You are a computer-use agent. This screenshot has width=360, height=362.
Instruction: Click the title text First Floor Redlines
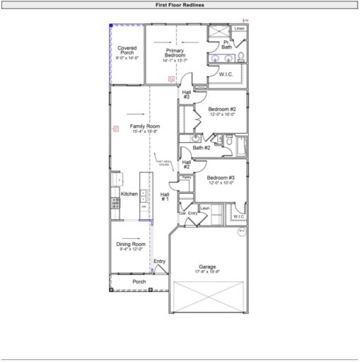[180, 4]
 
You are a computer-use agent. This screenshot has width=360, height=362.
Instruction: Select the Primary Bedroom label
[175, 54]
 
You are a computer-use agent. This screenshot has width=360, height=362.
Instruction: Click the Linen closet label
[239, 29]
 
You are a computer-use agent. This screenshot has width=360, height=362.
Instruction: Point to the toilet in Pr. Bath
[240, 56]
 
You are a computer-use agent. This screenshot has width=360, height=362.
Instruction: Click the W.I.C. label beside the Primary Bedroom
[227, 74]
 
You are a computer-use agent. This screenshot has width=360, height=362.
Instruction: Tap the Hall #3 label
[187, 94]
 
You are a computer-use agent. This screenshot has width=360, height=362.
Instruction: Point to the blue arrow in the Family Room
[137, 114]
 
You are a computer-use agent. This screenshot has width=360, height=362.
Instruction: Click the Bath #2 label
[202, 148]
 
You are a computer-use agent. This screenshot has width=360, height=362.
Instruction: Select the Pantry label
[187, 177]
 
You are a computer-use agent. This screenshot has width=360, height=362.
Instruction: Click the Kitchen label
[129, 194]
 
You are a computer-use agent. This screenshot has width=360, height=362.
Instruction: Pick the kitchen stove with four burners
[115, 202]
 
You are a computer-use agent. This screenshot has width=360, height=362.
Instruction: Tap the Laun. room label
[205, 208]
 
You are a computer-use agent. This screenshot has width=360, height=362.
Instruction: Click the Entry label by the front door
[160, 262]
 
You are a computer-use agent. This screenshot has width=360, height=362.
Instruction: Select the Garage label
[207, 267]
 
